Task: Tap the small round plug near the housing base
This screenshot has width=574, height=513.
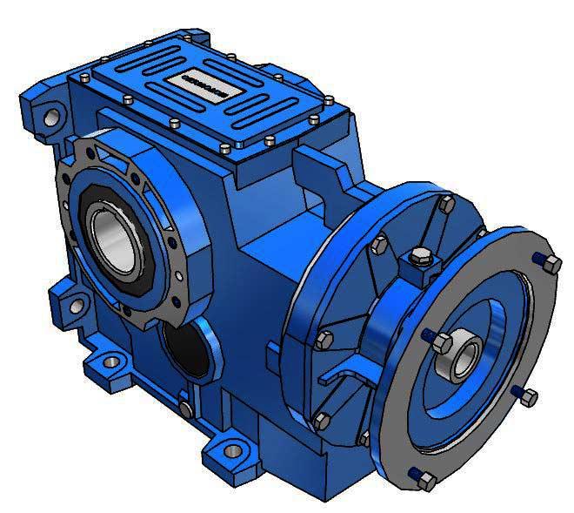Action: [x=184, y=408]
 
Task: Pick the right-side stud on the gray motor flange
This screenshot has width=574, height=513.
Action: [x=529, y=398]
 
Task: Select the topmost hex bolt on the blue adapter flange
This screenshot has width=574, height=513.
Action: [x=447, y=204]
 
